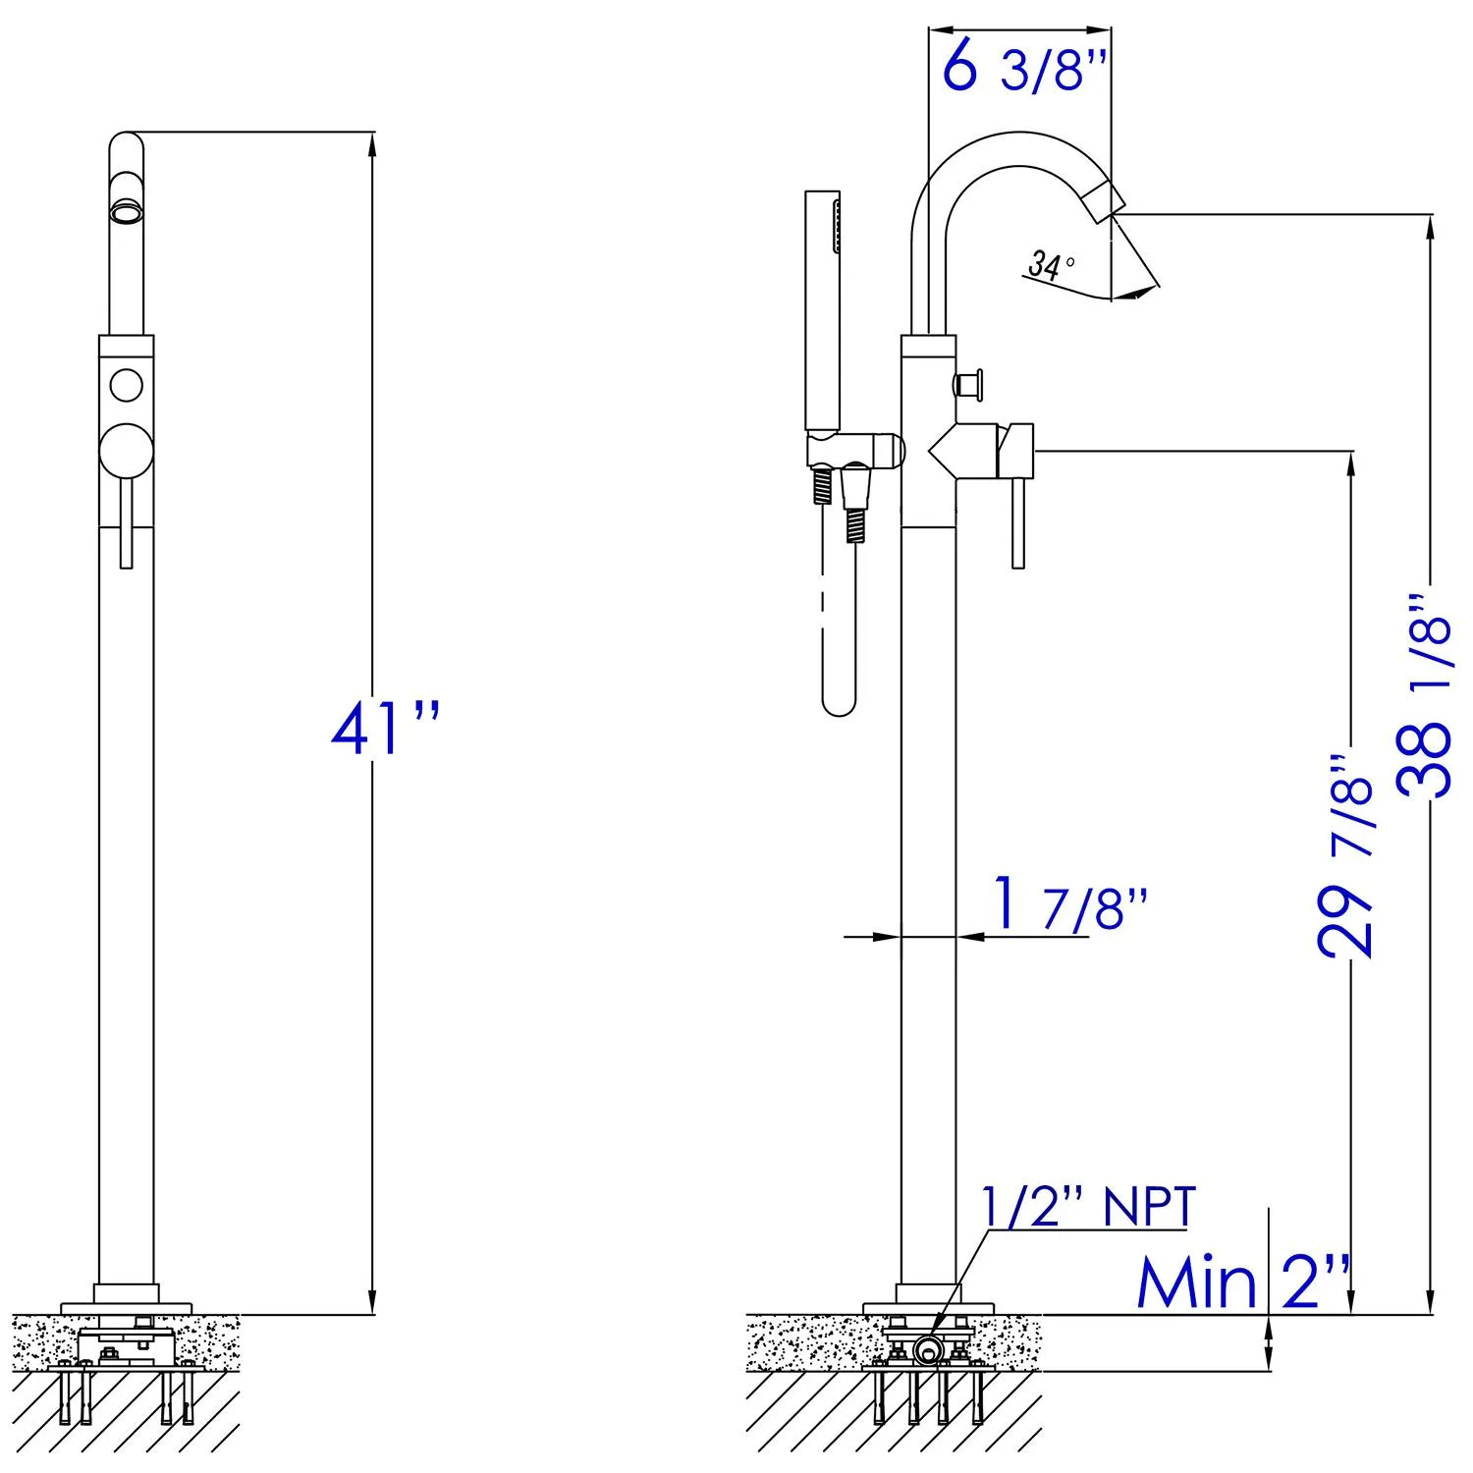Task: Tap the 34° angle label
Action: click(x=1050, y=264)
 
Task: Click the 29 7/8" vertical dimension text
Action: click(x=1345, y=854)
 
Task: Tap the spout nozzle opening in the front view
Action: click(x=125, y=211)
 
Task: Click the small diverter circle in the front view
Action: click(x=126, y=384)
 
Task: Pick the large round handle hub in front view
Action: click(x=127, y=451)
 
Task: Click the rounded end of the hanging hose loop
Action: click(x=838, y=702)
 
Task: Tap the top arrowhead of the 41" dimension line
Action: click(x=371, y=142)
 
